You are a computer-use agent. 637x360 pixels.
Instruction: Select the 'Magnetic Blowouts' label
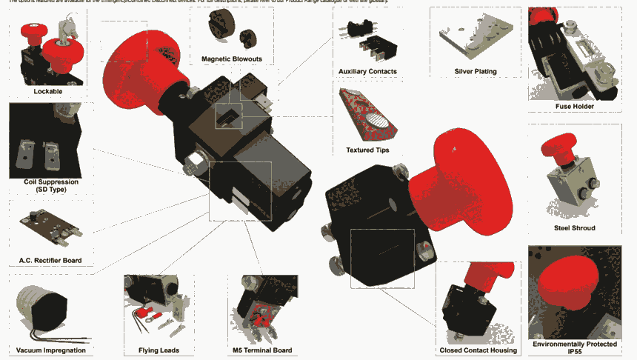232,59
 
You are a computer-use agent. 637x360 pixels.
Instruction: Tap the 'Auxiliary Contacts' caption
367,71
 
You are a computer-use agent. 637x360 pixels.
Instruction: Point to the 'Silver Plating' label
475,71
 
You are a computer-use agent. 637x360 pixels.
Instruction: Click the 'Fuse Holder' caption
574,106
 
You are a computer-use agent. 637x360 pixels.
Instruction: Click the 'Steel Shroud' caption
574,227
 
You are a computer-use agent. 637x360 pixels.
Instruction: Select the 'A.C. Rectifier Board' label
50,260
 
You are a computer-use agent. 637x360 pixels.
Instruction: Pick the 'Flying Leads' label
159,350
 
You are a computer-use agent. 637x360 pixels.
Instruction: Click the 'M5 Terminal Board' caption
262,350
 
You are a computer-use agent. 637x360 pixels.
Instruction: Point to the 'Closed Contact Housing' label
478,350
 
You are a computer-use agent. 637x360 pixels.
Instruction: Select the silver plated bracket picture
475,41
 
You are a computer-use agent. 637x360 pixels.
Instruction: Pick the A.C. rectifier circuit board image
50,226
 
